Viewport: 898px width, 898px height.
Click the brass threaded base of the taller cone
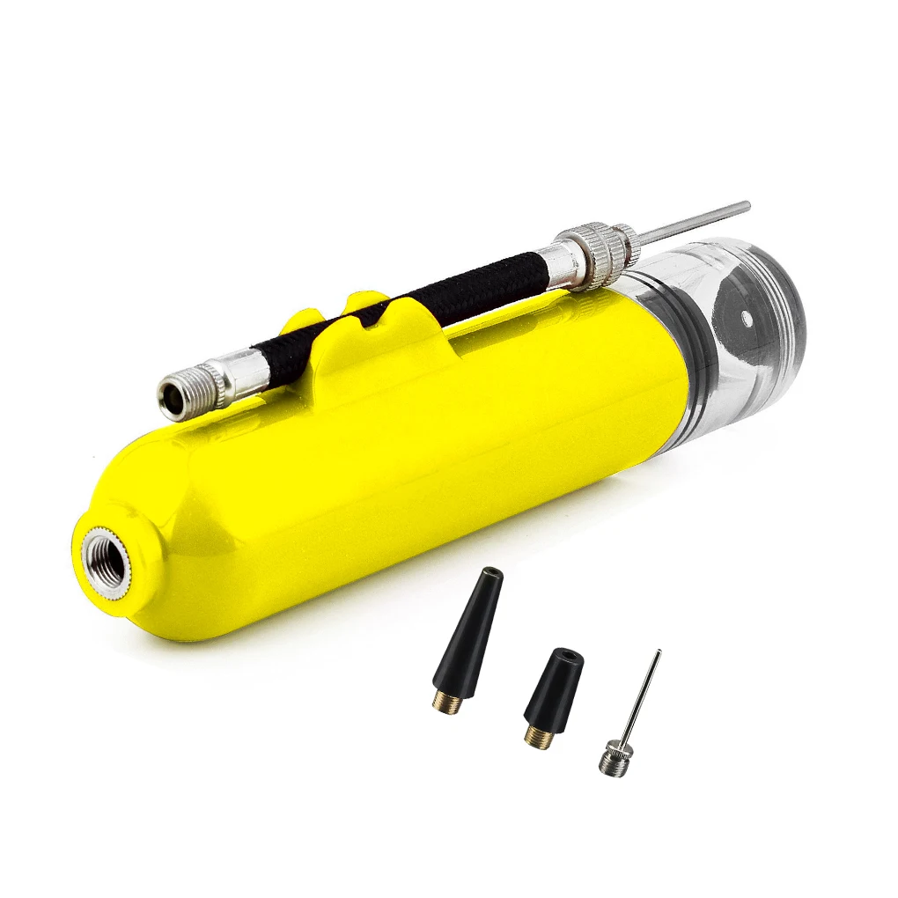pyautogui.click(x=448, y=702)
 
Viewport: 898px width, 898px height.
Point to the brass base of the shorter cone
pyautogui.click(x=538, y=736)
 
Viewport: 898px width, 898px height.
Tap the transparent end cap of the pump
pyautogui.click(x=748, y=335)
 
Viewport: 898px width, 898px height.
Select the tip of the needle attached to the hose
pyautogui.click(x=747, y=205)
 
